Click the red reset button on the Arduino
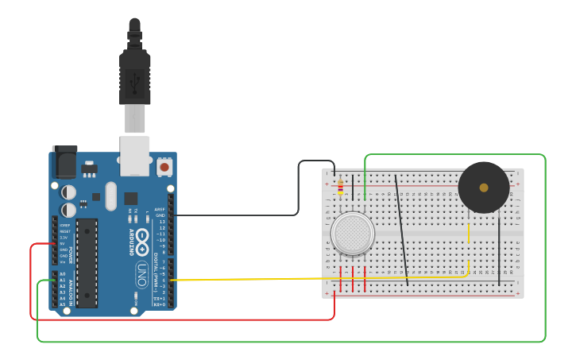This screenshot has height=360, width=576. pos(164,167)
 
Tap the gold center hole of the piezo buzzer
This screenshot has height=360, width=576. pos(484,188)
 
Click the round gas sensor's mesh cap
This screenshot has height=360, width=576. pos(353,234)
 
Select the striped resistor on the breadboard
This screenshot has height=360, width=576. pos(341,188)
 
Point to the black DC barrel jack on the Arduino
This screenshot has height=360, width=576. pos(64,162)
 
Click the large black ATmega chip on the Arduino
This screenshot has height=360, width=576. pos(87,262)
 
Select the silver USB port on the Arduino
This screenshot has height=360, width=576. pos(135,154)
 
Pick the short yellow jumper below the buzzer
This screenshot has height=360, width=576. pos(469,232)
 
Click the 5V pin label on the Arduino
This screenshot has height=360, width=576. pos(64,243)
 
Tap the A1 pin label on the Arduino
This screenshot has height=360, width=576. pos(63,280)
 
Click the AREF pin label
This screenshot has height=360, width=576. pos(160,209)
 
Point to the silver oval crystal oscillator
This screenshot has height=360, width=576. pos(110,195)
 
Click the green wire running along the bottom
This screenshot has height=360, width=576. pos(286,342)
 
